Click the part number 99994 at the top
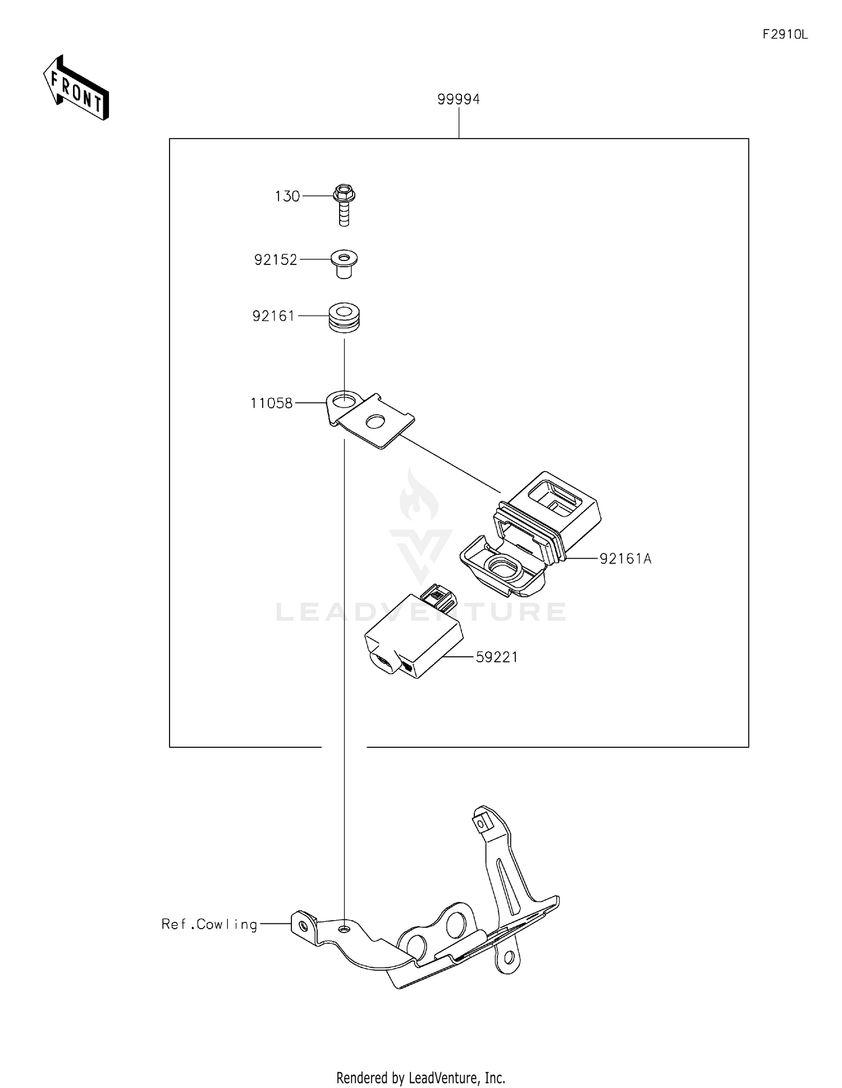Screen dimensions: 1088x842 click(x=459, y=99)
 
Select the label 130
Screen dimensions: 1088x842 click(x=287, y=196)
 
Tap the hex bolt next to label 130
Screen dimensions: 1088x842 click(x=344, y=204)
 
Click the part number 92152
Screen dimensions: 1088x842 click(x=276, y=260)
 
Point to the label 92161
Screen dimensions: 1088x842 click(x=273, y=317)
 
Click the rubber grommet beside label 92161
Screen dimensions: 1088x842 click(x=344, y=317)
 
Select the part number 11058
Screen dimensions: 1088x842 click(x=271, y=403)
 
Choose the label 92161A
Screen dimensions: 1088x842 click(x=625, y=559)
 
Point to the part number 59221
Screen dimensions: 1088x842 click(x=497, y=657)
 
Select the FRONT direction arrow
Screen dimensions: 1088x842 click(x=76, y=89)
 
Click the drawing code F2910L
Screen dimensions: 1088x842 click(x=785, y=35)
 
